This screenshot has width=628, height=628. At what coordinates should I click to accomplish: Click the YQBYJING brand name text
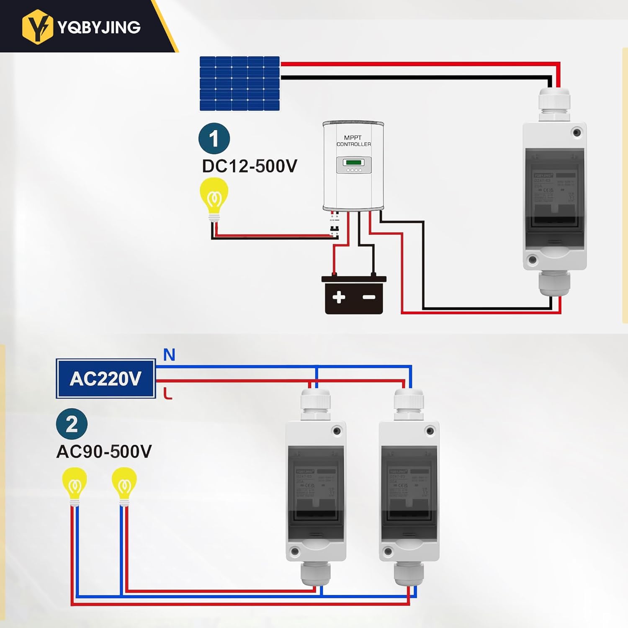[99, 28]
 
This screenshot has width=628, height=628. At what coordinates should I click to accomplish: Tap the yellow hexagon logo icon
[38, 27]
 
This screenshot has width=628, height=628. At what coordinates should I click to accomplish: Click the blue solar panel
[239, 83]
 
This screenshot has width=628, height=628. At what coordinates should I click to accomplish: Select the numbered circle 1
[214, 139]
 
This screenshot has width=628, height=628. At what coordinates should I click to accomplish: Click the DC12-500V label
[250, 166]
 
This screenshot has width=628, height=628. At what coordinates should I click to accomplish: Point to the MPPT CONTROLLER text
[353, 141]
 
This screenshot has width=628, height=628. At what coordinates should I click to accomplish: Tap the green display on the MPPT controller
[353, 162]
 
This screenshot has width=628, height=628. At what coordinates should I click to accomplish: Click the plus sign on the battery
[339, 297]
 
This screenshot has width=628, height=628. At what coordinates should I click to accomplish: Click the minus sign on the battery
[369, 297]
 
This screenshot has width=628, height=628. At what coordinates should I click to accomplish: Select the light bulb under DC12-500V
[214, 196]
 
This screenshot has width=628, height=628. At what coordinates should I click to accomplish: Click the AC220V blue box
[106, 378]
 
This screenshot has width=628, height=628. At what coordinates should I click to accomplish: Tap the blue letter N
[169, 355]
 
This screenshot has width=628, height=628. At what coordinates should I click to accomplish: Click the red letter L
[167, 394]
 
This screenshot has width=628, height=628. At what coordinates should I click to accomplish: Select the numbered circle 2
[72, 424]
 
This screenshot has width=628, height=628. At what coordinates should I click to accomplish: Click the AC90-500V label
[104, 452]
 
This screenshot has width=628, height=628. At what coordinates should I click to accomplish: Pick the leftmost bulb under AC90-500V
[75, 485]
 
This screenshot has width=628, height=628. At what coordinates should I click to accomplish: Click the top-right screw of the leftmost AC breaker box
[337, 431]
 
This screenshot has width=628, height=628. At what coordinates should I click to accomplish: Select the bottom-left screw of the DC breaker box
[533, 260]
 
